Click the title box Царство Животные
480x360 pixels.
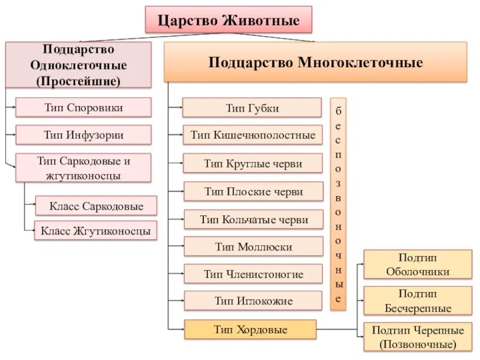(229, 20)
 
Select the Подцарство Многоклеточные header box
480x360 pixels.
(316, 62)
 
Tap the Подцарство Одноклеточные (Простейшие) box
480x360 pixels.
(78, 65)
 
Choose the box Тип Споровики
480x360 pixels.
(83, 107)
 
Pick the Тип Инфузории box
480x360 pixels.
(83, 135)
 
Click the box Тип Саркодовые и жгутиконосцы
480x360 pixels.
(83, 168)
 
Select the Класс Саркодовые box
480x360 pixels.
(96, 206)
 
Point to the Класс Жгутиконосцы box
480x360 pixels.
(96, 230)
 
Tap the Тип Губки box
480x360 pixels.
(252, 108)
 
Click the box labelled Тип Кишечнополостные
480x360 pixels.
(252, 135)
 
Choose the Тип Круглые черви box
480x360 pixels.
(252, 163)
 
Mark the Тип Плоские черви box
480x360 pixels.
(252, 191)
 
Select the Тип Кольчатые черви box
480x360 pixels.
(252, 220)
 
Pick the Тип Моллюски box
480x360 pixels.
(252, 247)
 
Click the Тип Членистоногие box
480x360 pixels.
(252, 274)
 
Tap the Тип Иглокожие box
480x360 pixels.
(252, 301)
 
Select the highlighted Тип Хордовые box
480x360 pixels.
(250, 329)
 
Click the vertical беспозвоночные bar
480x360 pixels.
(338, 204)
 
